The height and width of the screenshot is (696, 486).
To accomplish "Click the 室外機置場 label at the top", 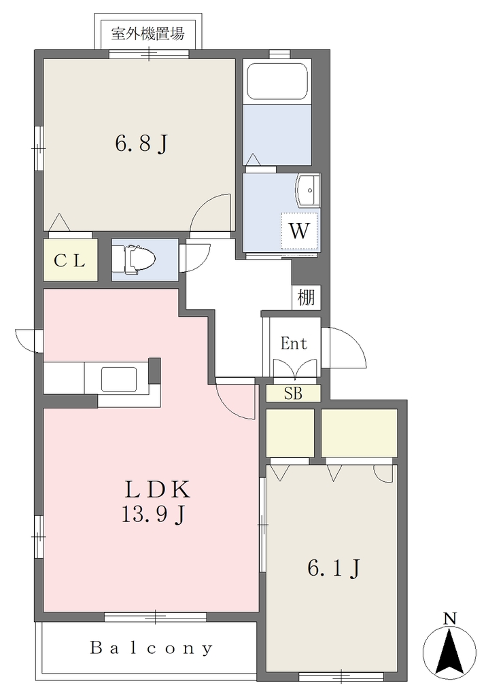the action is click(x=147, y=34).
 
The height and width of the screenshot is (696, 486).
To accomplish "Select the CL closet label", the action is click(x=70, y=261).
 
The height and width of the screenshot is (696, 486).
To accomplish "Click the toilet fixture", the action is click(x=133, y=260).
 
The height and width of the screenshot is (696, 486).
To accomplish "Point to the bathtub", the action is click(x=277, y=82).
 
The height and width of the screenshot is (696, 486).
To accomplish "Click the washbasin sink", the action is click(x=309, y=190).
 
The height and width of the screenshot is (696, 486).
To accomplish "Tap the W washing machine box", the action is click(x=299, y=231).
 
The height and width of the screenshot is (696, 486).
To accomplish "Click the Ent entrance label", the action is click(x=294, y=343).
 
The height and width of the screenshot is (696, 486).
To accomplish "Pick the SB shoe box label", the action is click(x=293, y=394).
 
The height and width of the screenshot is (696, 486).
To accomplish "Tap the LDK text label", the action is click(x=157, y=489).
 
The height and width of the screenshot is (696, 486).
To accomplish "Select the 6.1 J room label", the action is click(x=333, y=569).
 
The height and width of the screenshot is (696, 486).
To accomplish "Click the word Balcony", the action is click(x=152, y=648).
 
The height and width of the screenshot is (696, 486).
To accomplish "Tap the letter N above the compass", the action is click(x=451, y=618).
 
